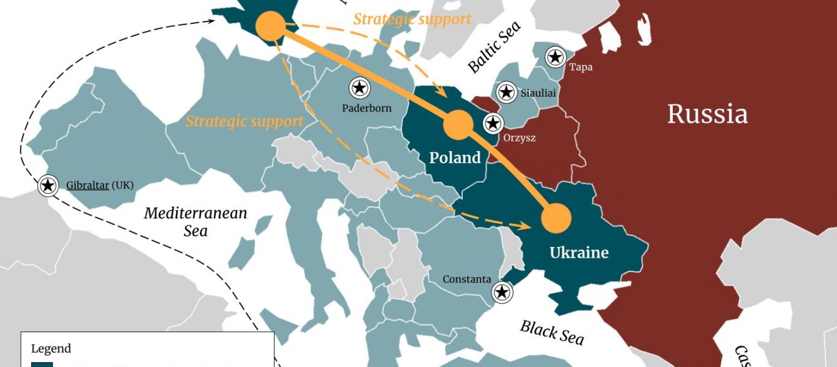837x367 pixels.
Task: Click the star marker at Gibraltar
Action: pyautogui.click(x=48, y=185)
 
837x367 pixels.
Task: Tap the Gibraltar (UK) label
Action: pyautogui.click(x=100, y=185)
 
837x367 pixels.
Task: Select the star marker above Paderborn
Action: pyautogui.click(x=360, y=88)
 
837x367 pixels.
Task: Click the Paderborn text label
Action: pyautogui.click(x=366, y=108)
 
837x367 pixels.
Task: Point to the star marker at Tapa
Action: pyautogui.click(x=555, y=57)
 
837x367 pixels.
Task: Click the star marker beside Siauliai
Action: pyautogui.click(x=506, y=92)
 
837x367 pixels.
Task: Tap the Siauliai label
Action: pyautogui.click(x=538, y=94)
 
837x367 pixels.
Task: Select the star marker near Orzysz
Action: pyautogui.click(x=493, y=124)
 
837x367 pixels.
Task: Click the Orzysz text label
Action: pyautogui.click(x=519, y=138)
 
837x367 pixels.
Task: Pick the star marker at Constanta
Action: pyautogui.click(x=502, y=292)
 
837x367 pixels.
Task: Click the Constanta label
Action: pyautogui.click(x=467, y=279)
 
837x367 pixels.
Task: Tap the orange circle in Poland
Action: pyautogui.click(x=457, y=125)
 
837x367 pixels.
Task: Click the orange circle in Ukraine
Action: pyautogui.click(x=556, y=218)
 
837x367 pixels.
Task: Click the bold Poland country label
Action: pyautogui.click(x=455, y=158)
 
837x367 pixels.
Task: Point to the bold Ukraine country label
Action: pyautogui.click(x=579, y=253)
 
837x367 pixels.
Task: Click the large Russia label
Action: pyautogui.click(x=707, y=114)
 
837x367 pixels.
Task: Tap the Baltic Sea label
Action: pyautogui.click(x=494, y=46)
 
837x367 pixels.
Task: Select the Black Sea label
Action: pyautogui.click(x=551, y=332)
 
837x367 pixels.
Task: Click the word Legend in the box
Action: pyautogui.click(x=51, y=349)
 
